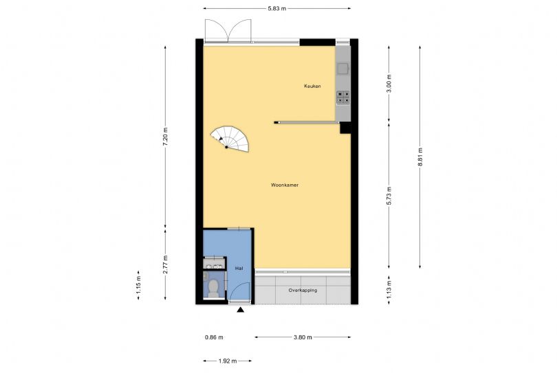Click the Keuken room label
(312, 86)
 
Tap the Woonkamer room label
(285, 185)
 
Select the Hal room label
(239, 269)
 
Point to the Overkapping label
(303, 291)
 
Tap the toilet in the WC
(213, 288)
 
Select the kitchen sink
(343, 68)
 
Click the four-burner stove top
(343, 98)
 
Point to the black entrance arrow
(241, 310)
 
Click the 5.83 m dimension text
(276, 8)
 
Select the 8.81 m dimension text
(420, 157)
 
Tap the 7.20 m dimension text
(165, 137)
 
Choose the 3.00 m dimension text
(389, 83)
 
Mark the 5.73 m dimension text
(389, 196)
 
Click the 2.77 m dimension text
(165, 264)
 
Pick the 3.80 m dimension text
(303, 337)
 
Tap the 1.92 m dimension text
(228, 361)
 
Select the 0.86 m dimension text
(214, 337)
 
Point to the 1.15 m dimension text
(138, 285)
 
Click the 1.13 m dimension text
(389, 290)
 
